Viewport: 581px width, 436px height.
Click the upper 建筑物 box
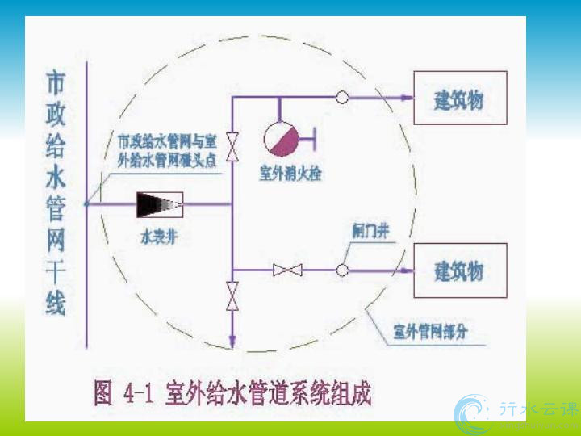point(460,98)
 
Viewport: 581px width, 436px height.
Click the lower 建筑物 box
point(460,269)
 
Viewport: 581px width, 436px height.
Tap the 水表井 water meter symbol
point(159,204)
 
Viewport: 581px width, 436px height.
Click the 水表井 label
point(158,239)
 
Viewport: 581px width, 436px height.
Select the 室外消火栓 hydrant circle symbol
point(282,136)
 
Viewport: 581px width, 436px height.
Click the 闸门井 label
point(371,231)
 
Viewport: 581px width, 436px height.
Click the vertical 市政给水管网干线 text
point(56,194)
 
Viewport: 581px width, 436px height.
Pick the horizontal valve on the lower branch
point(287,269)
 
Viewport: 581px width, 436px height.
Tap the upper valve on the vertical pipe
point(232,145)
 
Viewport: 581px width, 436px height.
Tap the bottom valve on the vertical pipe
point(232,296)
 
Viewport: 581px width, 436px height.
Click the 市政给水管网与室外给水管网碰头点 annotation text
point(167,149)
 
